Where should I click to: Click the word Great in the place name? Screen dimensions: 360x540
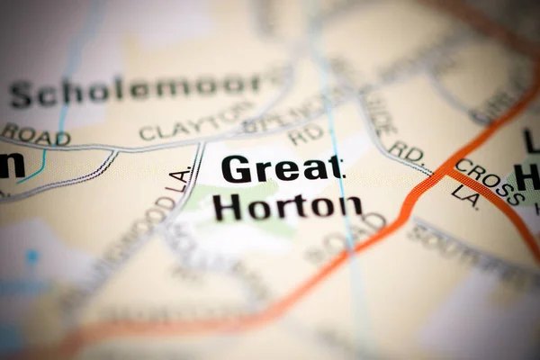282,168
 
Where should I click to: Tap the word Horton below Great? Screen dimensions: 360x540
287,207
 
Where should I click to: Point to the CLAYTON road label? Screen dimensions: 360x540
196,120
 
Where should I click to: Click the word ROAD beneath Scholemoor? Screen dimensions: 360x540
35,135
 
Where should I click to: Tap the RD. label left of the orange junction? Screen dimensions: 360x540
406,152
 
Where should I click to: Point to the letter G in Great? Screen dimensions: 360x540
236,169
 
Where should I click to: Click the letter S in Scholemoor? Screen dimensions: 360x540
21,94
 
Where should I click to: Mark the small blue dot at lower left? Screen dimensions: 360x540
32,256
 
